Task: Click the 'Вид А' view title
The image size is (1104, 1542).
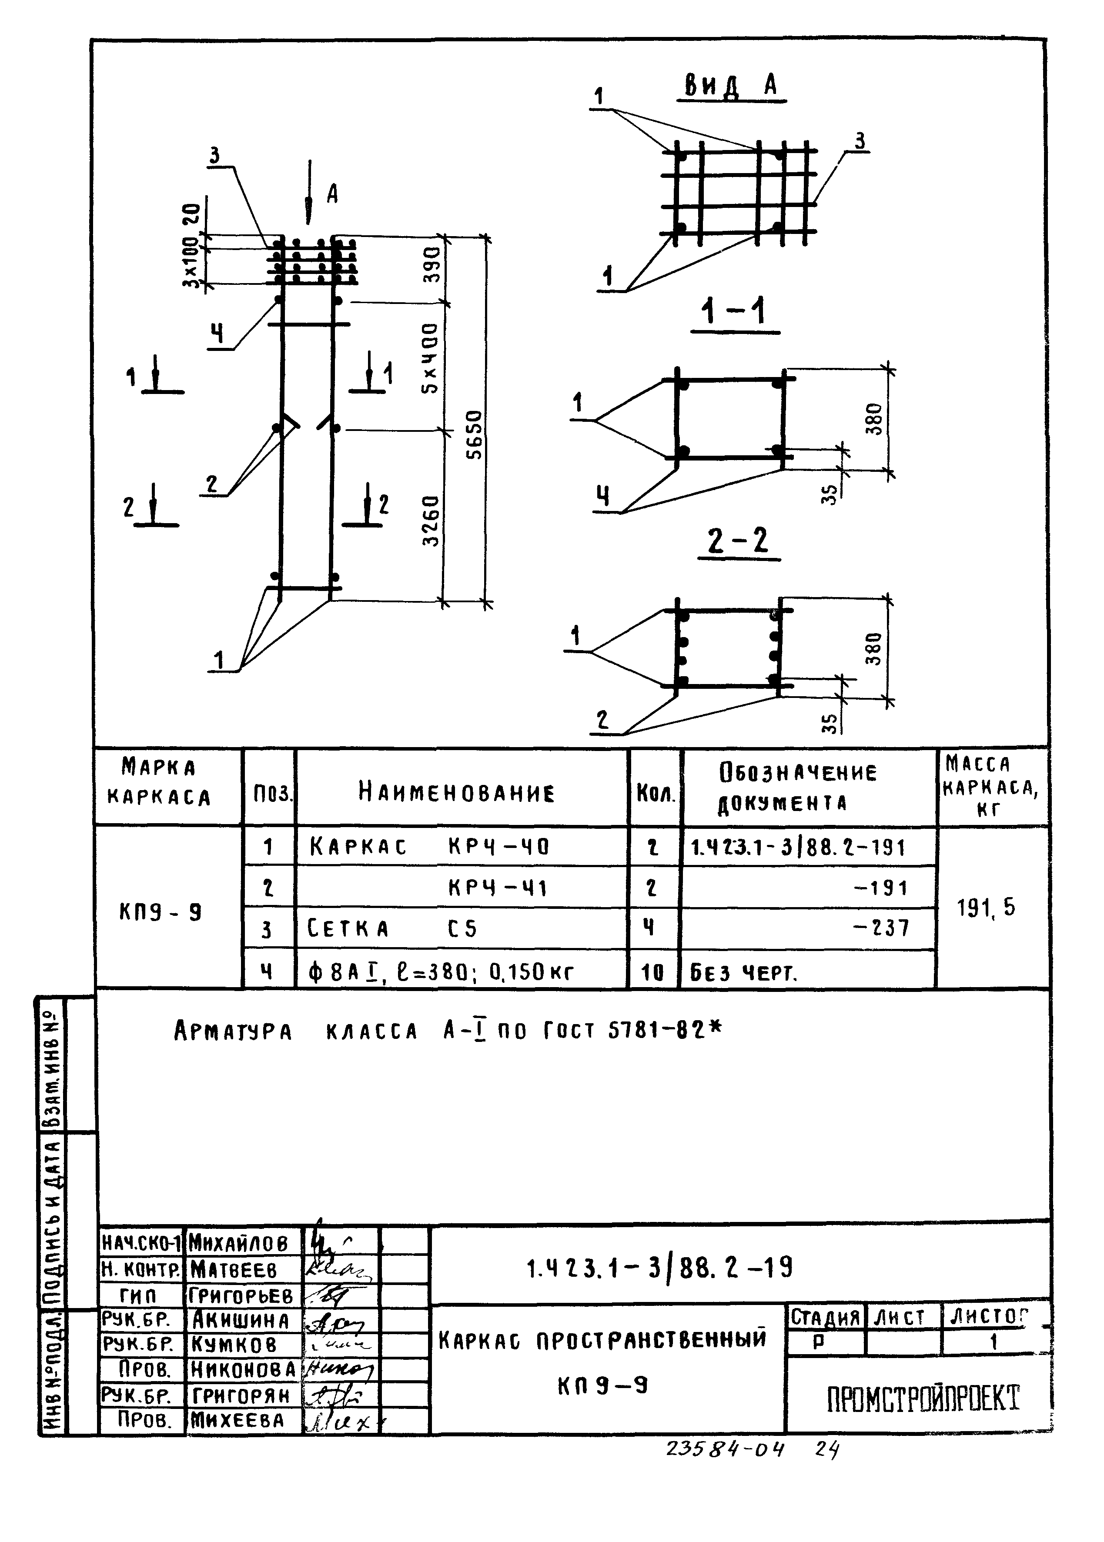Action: pos(731,86)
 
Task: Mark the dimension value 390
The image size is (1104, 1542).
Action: pos(432,264)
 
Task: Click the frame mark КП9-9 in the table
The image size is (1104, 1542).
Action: pos(161,912)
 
